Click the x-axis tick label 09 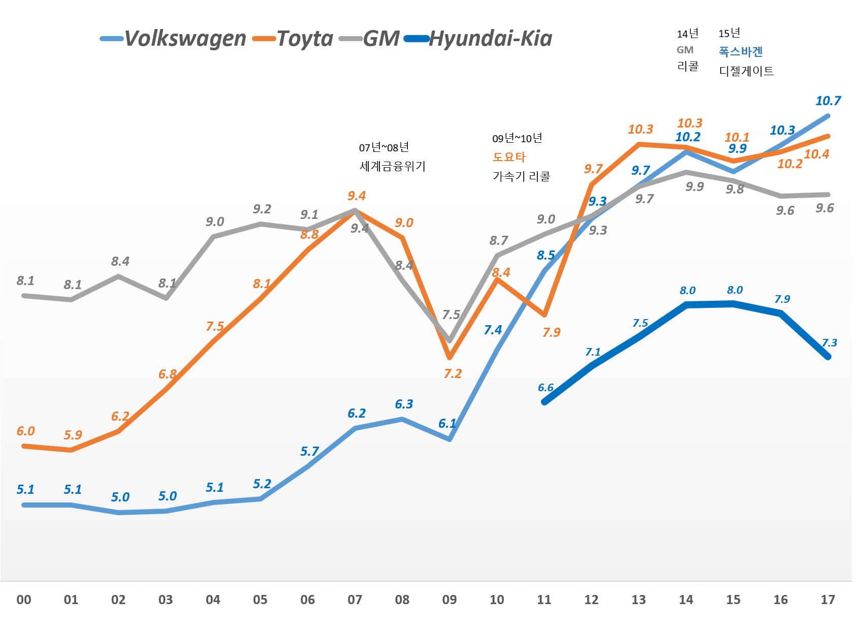449,600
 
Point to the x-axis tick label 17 827,600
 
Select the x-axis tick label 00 24,600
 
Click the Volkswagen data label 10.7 828,101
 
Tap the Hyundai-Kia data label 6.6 546,388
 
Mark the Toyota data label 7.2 452,374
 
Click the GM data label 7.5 451,314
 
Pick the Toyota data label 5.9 73,435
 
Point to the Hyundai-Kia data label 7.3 829,343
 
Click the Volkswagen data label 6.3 404,404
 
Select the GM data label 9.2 262,209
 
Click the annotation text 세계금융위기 392,166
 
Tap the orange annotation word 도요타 509,157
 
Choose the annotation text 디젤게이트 746,71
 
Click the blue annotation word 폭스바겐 741,51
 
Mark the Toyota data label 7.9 551,333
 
